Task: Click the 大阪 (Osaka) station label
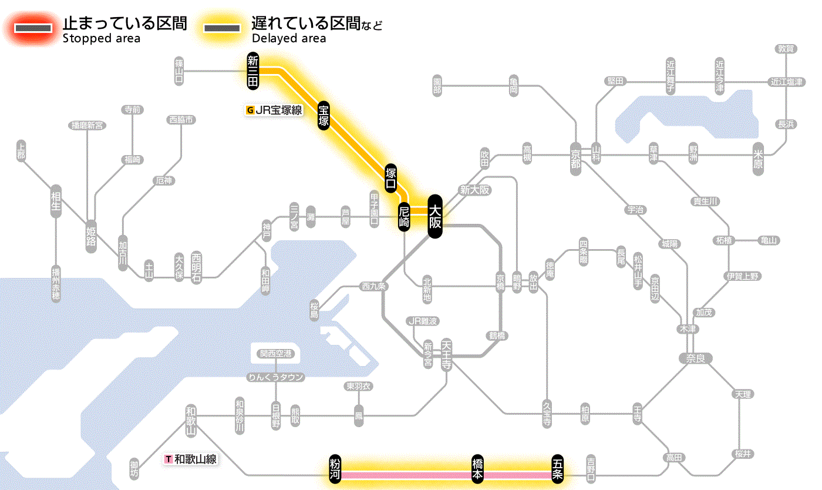434,216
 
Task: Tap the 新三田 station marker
253,71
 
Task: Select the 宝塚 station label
324,115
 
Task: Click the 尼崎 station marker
403,217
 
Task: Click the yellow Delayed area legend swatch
221,28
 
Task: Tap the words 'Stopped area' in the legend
102,39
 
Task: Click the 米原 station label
759,159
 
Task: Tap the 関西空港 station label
276,354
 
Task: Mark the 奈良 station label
695,358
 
